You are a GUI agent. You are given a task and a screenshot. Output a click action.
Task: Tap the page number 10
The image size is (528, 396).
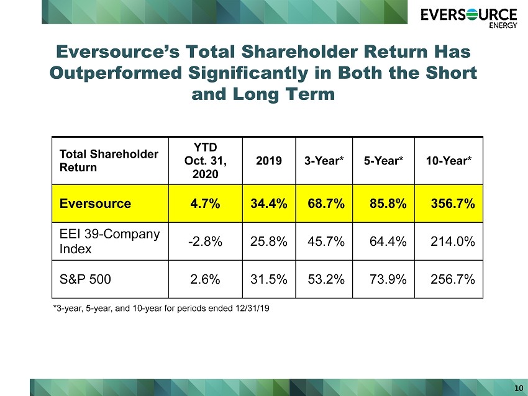519,388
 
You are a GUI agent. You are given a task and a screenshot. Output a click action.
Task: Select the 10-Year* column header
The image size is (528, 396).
448,161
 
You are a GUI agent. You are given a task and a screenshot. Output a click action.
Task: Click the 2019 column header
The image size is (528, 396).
269,161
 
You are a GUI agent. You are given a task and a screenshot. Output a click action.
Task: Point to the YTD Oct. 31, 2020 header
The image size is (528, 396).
206,161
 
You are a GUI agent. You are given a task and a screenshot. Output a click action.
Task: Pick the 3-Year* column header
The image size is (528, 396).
324,161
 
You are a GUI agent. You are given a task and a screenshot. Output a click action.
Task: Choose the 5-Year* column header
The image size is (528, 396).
383,161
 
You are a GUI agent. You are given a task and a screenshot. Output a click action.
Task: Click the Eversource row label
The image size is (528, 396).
95,204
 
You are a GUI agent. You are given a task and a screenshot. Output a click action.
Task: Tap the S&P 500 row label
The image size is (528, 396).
85,279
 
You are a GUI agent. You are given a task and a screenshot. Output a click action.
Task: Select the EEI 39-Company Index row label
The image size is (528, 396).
109,241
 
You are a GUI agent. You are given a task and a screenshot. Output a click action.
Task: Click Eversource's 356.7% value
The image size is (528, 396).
453,204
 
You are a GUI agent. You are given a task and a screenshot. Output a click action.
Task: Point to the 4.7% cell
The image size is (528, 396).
205,204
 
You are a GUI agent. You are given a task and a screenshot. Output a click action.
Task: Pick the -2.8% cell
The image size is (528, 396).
205,241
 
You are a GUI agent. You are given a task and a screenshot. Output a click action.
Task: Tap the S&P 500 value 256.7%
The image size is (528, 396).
453,279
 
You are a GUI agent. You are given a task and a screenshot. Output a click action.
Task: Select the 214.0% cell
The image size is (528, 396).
453,241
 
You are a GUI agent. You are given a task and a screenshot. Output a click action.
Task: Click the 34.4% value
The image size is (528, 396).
269,204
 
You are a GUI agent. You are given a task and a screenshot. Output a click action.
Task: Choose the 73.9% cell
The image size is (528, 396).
388,279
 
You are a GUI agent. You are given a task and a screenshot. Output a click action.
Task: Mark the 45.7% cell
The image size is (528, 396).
326,241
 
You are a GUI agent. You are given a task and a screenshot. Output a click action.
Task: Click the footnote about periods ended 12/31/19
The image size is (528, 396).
162,308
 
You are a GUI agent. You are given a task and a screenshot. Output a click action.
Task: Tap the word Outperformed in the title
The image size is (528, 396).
116,73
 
